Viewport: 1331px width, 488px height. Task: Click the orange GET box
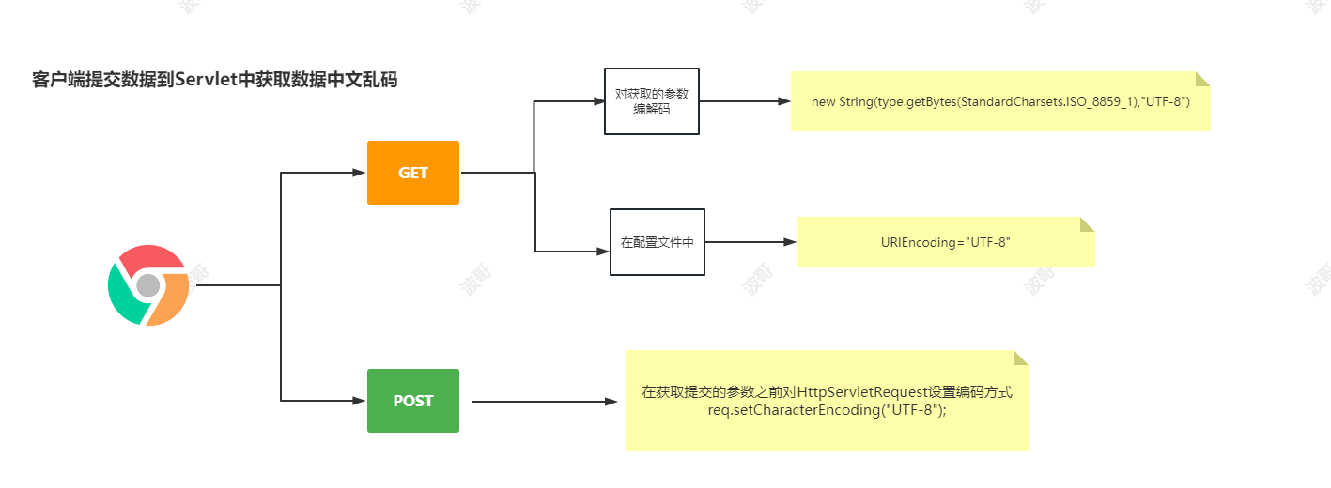coord(413,173)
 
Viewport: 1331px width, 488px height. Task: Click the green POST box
coord(413,401)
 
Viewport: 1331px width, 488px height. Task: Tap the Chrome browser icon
coord(148,285)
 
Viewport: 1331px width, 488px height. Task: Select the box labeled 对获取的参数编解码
coord(652,101)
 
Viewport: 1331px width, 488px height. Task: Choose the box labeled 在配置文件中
coord(657,242)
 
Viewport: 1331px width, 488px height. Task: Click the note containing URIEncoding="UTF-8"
coord(945,242)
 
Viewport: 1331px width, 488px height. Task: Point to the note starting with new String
coord(1000,101)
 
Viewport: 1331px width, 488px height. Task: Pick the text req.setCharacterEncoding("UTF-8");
coord(828,410)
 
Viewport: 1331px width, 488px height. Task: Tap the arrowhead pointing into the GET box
coord(358,173)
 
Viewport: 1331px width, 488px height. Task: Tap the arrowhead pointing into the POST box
coord(358,401)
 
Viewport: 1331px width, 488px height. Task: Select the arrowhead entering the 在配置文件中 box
coord(602,252)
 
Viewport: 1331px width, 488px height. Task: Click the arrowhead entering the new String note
coord(784,101)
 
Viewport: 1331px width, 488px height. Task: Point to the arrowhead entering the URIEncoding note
coord(789,242)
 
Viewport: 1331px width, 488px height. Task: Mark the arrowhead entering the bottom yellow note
coord(611,402)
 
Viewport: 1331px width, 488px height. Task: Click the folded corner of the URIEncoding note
coord(1088,224)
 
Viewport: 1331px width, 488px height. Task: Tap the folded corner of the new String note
coord(1203,79)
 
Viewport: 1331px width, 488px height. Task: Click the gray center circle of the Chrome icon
coord(148,285)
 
